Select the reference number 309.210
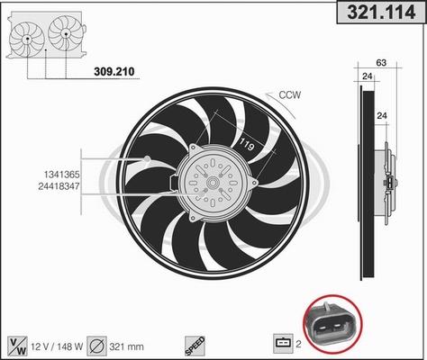[114, 72]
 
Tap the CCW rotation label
[289, 94]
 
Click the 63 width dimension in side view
[381, 63]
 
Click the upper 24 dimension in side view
[367, 76]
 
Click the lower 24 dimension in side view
[382, 116]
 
